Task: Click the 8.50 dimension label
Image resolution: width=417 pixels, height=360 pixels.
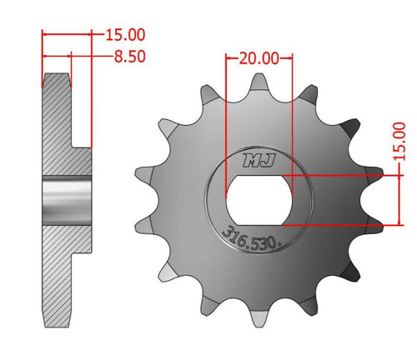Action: tap(130, 57)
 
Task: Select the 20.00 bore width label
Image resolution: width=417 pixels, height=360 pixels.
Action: tap(259, 58)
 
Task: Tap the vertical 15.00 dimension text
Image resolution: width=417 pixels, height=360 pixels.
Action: tap(399, 141)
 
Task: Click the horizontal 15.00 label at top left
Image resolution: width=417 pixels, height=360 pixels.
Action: tap(125, 35)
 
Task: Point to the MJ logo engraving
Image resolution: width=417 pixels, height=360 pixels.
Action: tap(259, 160)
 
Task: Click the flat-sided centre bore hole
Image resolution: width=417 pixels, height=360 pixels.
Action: tap(259, 200)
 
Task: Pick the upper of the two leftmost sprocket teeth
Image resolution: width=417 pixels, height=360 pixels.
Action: tap(144, 174)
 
